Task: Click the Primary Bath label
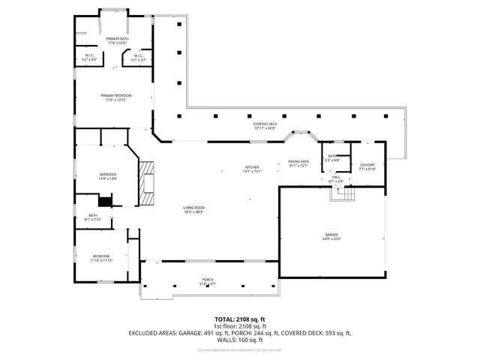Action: click(x=116, y=40)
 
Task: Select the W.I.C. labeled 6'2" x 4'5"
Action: click(x=89, y=57)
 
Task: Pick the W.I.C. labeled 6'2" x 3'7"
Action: click(x=139, y=57)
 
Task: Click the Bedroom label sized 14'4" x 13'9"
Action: click(x=107, y=177)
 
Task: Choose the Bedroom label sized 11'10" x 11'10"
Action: click(x=101, y=258)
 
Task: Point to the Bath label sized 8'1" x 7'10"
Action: click(x=93, y=217)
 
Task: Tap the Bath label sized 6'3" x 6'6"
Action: click(x=332, y=158)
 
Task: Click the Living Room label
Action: click(x=194, y=209)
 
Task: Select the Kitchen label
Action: click(x=252, y=169)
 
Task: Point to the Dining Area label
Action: click(x=299, y=163)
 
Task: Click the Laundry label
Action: click(x=367, y=166)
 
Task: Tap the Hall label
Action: click(x=336, y=178)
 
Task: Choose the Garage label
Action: click(x=331, y=236)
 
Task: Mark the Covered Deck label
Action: click(x=264, y=126)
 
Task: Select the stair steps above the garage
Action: click(x=343, y=193)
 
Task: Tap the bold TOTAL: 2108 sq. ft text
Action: click(x=239, y=319)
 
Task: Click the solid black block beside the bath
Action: click(x=105, y=200)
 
